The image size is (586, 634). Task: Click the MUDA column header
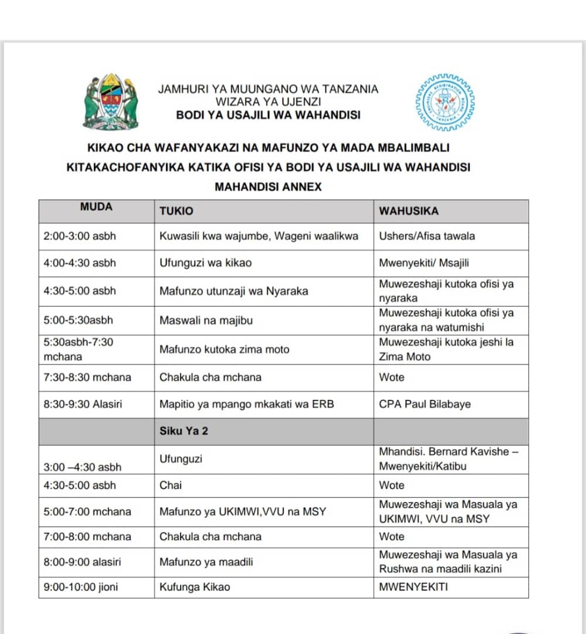[x=96, y=207]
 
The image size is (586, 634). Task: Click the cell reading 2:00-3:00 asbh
[x=80, y=237]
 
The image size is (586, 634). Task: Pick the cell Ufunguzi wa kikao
[x=205, y=263]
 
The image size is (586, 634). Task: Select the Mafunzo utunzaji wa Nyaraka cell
[x=233, y=291]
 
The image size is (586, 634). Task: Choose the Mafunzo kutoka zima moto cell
[x=224, y=349]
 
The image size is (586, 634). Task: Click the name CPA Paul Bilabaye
[x=425, y=404]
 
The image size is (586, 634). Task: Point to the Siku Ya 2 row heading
[x=184, y=431]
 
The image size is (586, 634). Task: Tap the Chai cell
[x=171, y=485]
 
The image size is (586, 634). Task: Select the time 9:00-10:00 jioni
[x=80, y=586]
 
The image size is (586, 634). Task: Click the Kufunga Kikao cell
[x=195, y=586]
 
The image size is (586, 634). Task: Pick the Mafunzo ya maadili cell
[x=206, y=562]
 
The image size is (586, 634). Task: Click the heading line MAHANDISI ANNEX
[x=268, y=187]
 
